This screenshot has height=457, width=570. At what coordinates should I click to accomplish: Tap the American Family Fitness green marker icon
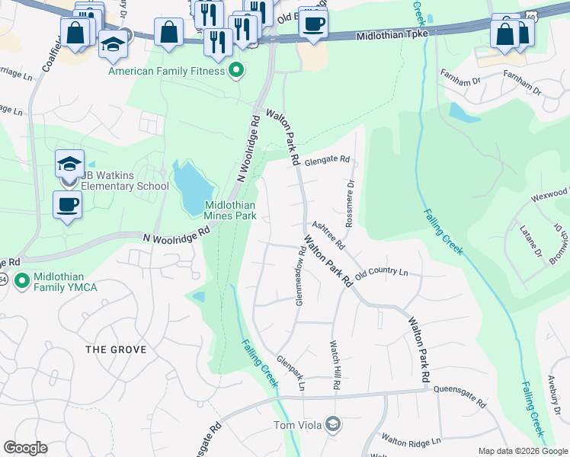pos(236,71)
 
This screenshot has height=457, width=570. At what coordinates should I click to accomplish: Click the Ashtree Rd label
pos(328,235)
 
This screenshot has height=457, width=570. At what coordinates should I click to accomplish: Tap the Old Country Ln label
pos(382,272)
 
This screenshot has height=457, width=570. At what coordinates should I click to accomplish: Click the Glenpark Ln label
pos(290,373)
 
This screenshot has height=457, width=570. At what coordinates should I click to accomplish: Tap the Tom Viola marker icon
pos(332,423)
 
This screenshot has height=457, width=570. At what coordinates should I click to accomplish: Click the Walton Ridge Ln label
pos(411,441)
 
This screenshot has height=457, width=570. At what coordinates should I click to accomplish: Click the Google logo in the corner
pos(25,448)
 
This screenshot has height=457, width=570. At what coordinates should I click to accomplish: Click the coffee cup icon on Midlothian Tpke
pos(312,23)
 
